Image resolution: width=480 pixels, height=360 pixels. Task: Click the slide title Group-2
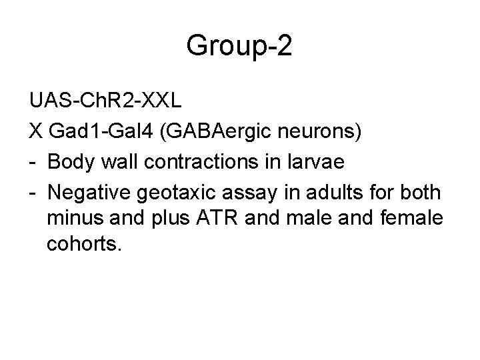(x=239, y=46)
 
